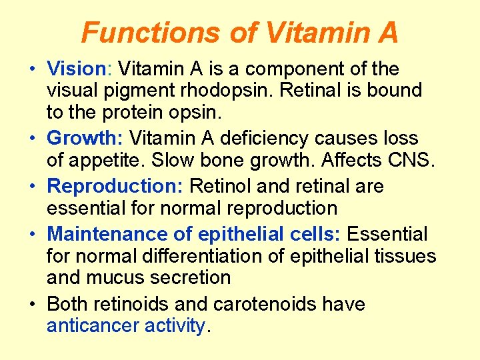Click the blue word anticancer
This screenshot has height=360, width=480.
[92, 325]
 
